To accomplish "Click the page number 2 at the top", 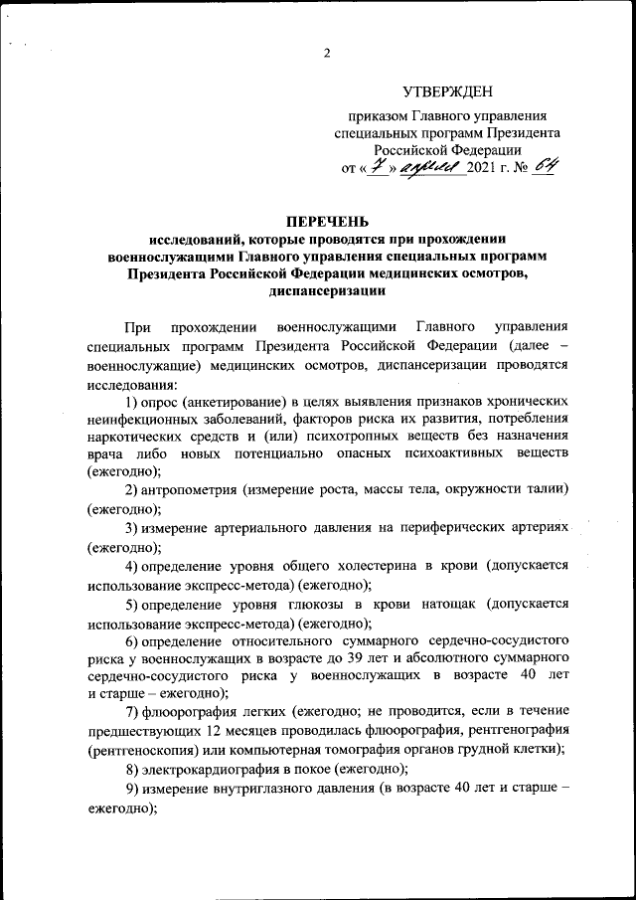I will point(327,54).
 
